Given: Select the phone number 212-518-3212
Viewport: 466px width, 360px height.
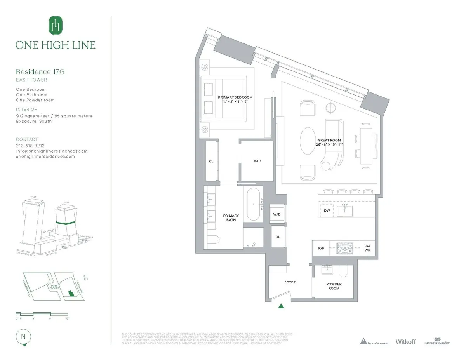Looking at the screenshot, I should pyautogui.click(x=30, y=146).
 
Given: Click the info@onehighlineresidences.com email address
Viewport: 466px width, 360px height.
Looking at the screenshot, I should pyautogui.click(x=52, y=151).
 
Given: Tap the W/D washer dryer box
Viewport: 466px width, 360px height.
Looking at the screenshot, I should pyautogui.click(x=277, y=214).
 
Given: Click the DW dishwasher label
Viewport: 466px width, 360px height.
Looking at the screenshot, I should pyautogui.click(x=327, y=211).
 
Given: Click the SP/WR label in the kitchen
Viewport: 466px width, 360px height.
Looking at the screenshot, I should pyautogui.click(x=367, y=248).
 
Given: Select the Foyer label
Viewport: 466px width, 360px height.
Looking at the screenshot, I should pyautogui.click(x=290, y=282).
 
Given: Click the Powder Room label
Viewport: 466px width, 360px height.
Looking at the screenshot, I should pyautogui.click(x=334, y=287).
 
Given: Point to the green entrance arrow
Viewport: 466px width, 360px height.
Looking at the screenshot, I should pyautogui.click(x=281, y=306).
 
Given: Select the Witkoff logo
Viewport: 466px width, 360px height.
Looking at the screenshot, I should pyautogui.click(x=406, y=342).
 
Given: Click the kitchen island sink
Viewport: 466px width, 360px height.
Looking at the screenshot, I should pyautogui.click(x=344, y=210).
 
